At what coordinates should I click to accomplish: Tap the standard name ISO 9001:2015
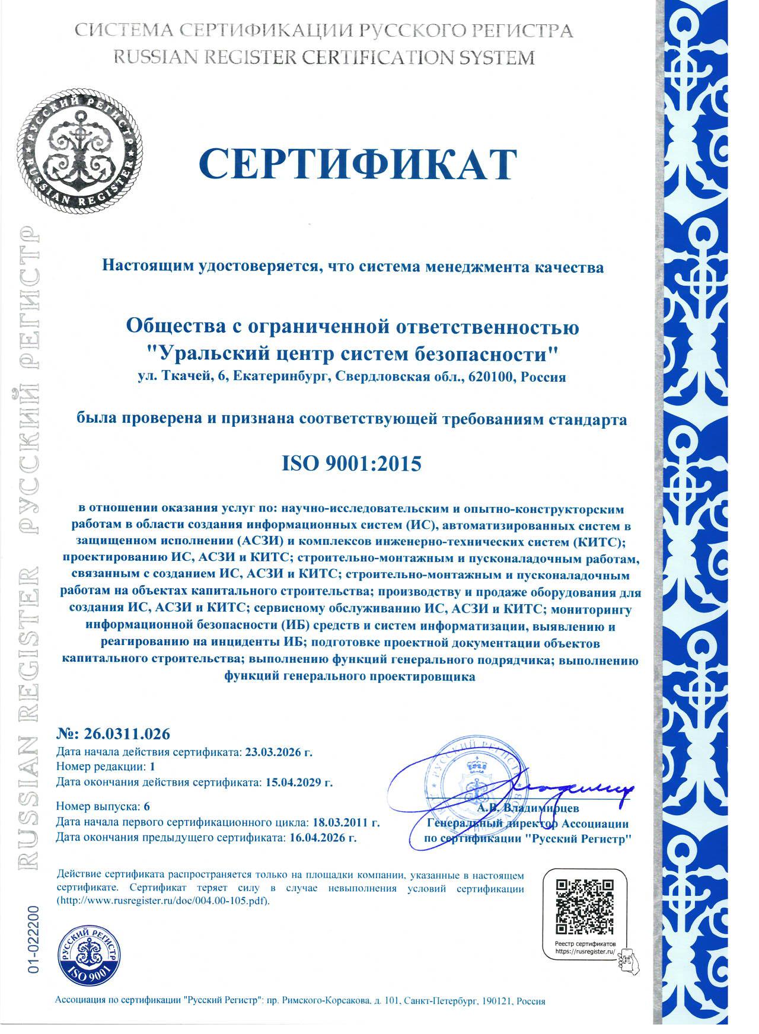pyautogui.click(x=352, y=464)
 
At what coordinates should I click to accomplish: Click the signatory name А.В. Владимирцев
pyautogui.click(x=528, y=808)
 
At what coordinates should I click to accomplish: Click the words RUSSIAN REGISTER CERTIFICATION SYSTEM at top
pyautogui.click(x=323, y=58)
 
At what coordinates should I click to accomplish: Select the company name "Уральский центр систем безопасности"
pyautogui.click(x=353, y=354)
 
